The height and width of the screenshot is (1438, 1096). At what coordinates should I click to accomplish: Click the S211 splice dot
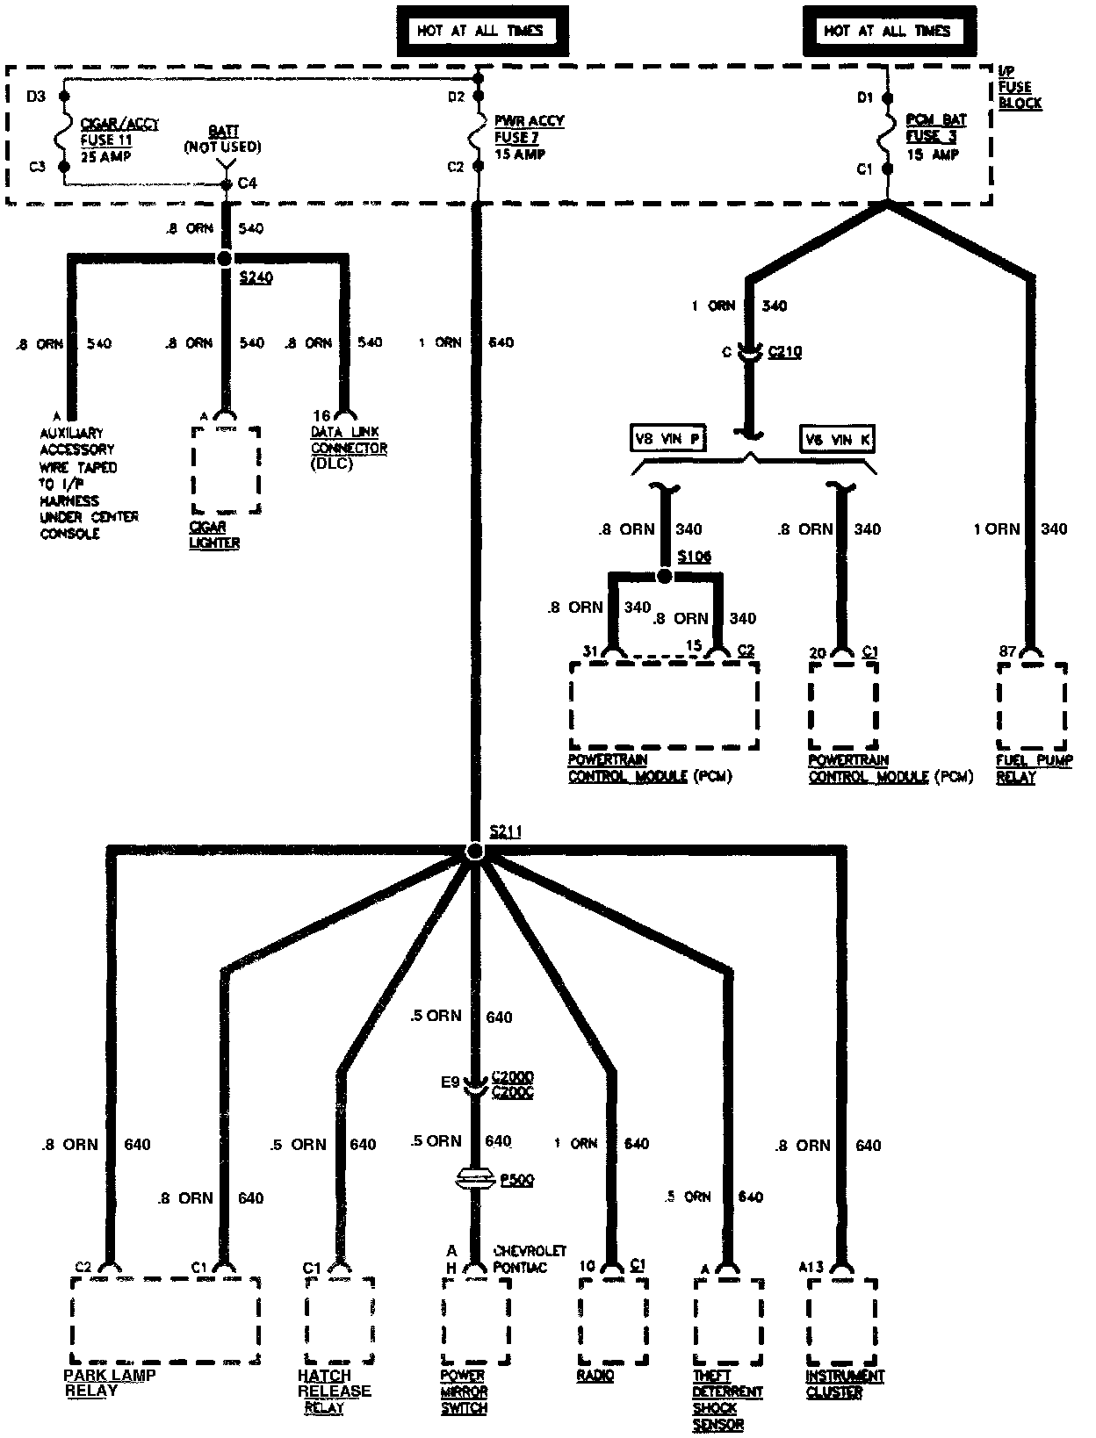pos(475,852)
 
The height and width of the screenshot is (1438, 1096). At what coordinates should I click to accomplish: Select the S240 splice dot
pos(225,258)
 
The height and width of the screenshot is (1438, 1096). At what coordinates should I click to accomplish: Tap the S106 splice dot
pos(665,576)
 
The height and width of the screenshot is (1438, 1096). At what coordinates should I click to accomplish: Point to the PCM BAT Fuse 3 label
pos(935,137)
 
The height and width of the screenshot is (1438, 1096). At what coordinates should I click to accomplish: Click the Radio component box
pos(614,1321)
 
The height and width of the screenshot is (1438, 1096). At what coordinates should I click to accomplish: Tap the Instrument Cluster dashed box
pos(841,1321)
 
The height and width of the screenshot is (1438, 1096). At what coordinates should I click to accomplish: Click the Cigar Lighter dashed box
pos(226,471)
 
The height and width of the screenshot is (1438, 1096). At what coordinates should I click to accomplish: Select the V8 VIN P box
pos(669,439)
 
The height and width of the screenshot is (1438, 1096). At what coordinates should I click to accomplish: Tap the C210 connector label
pos(784,352)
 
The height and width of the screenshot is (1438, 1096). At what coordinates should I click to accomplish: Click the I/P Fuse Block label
pos(1019,88)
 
